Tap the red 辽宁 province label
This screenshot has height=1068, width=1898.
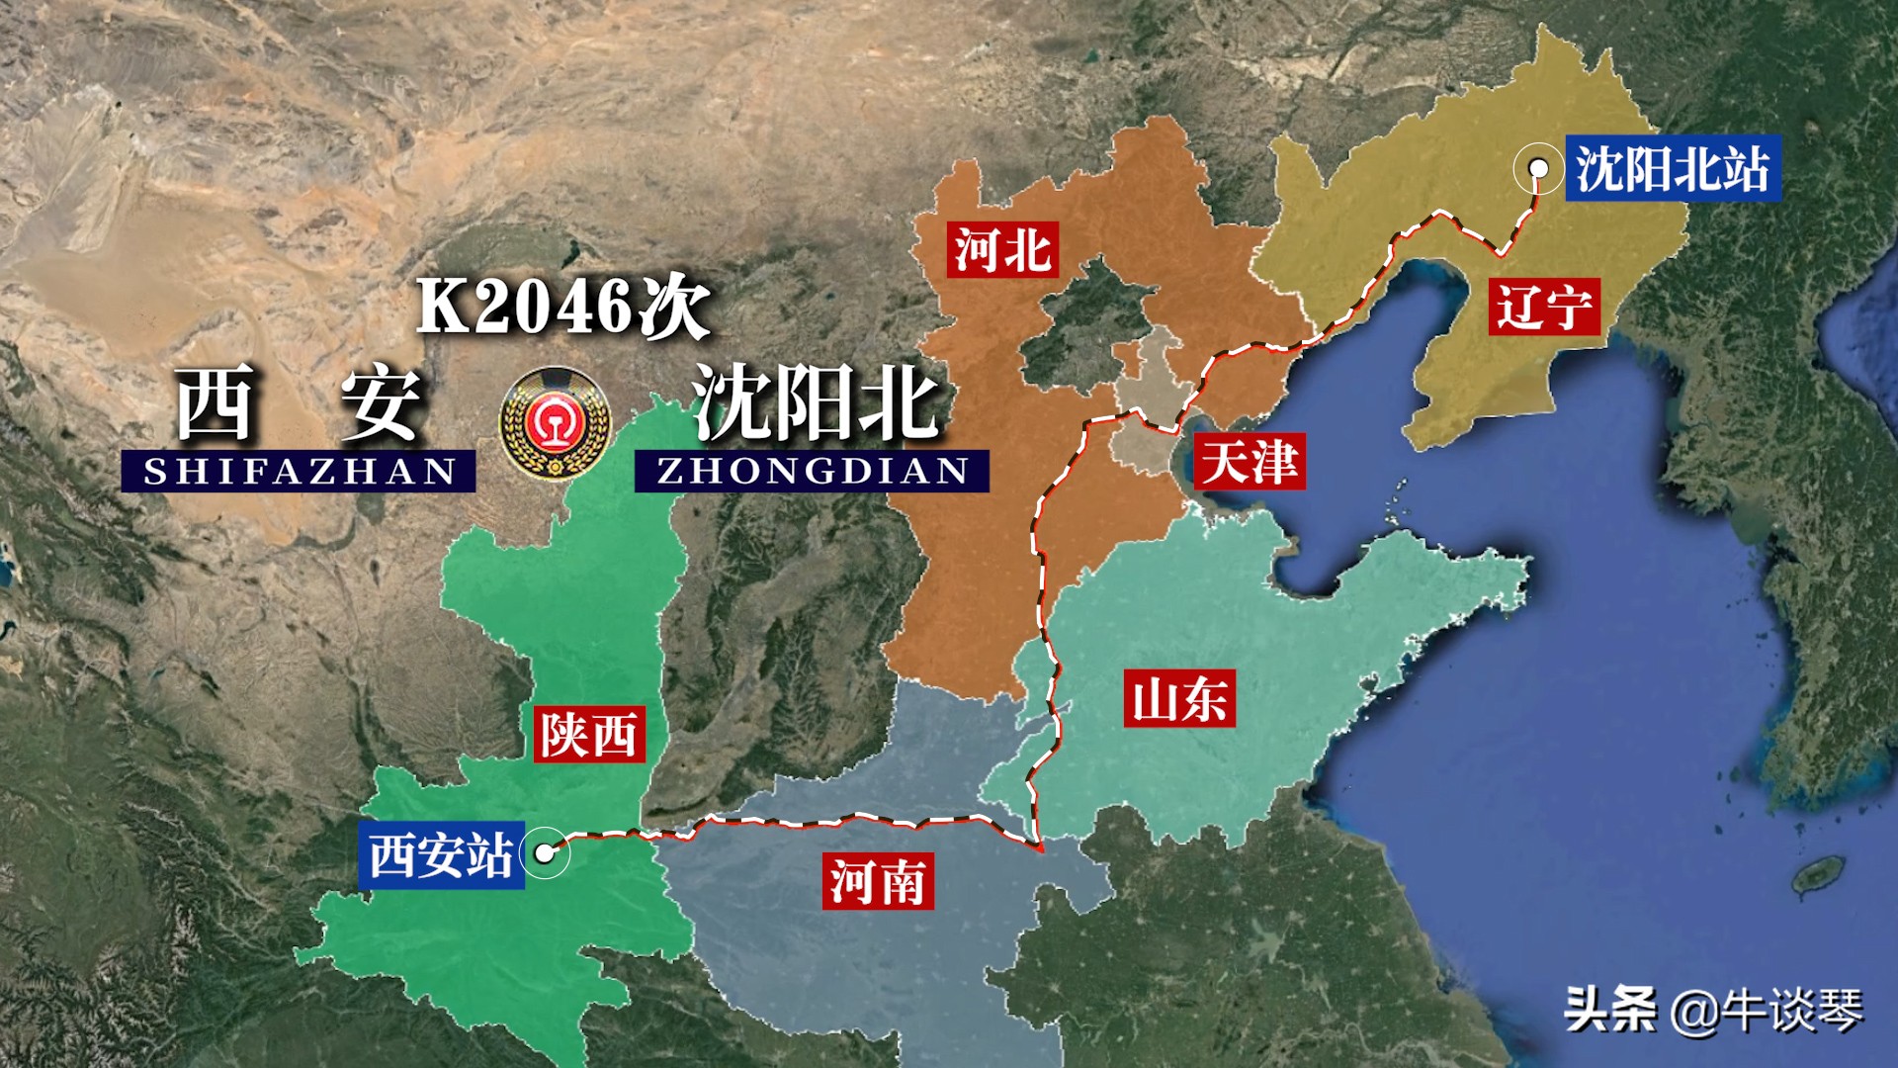click(1543, 306)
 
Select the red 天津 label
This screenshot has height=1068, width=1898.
click(1250, 461)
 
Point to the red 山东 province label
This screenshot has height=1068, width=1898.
click(1179, 699)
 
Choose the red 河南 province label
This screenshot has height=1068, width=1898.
click(877, 881)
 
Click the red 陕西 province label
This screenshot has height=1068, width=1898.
click(589, 734)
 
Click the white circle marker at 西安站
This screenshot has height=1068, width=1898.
click(545, 852)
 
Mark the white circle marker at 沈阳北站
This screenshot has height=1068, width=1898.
click(1538, 169)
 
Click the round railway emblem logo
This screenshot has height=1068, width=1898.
click(555, 424)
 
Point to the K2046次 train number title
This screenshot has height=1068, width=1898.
click(562, 307)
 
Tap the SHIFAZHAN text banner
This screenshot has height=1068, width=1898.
click(299, 472)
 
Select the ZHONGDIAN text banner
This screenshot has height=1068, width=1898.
click(812, 472)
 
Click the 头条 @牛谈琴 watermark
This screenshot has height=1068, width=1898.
click(1713, 1010)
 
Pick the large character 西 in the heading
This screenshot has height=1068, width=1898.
click(216, 402)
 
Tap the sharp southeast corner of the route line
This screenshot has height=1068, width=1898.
click(1040, 848)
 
